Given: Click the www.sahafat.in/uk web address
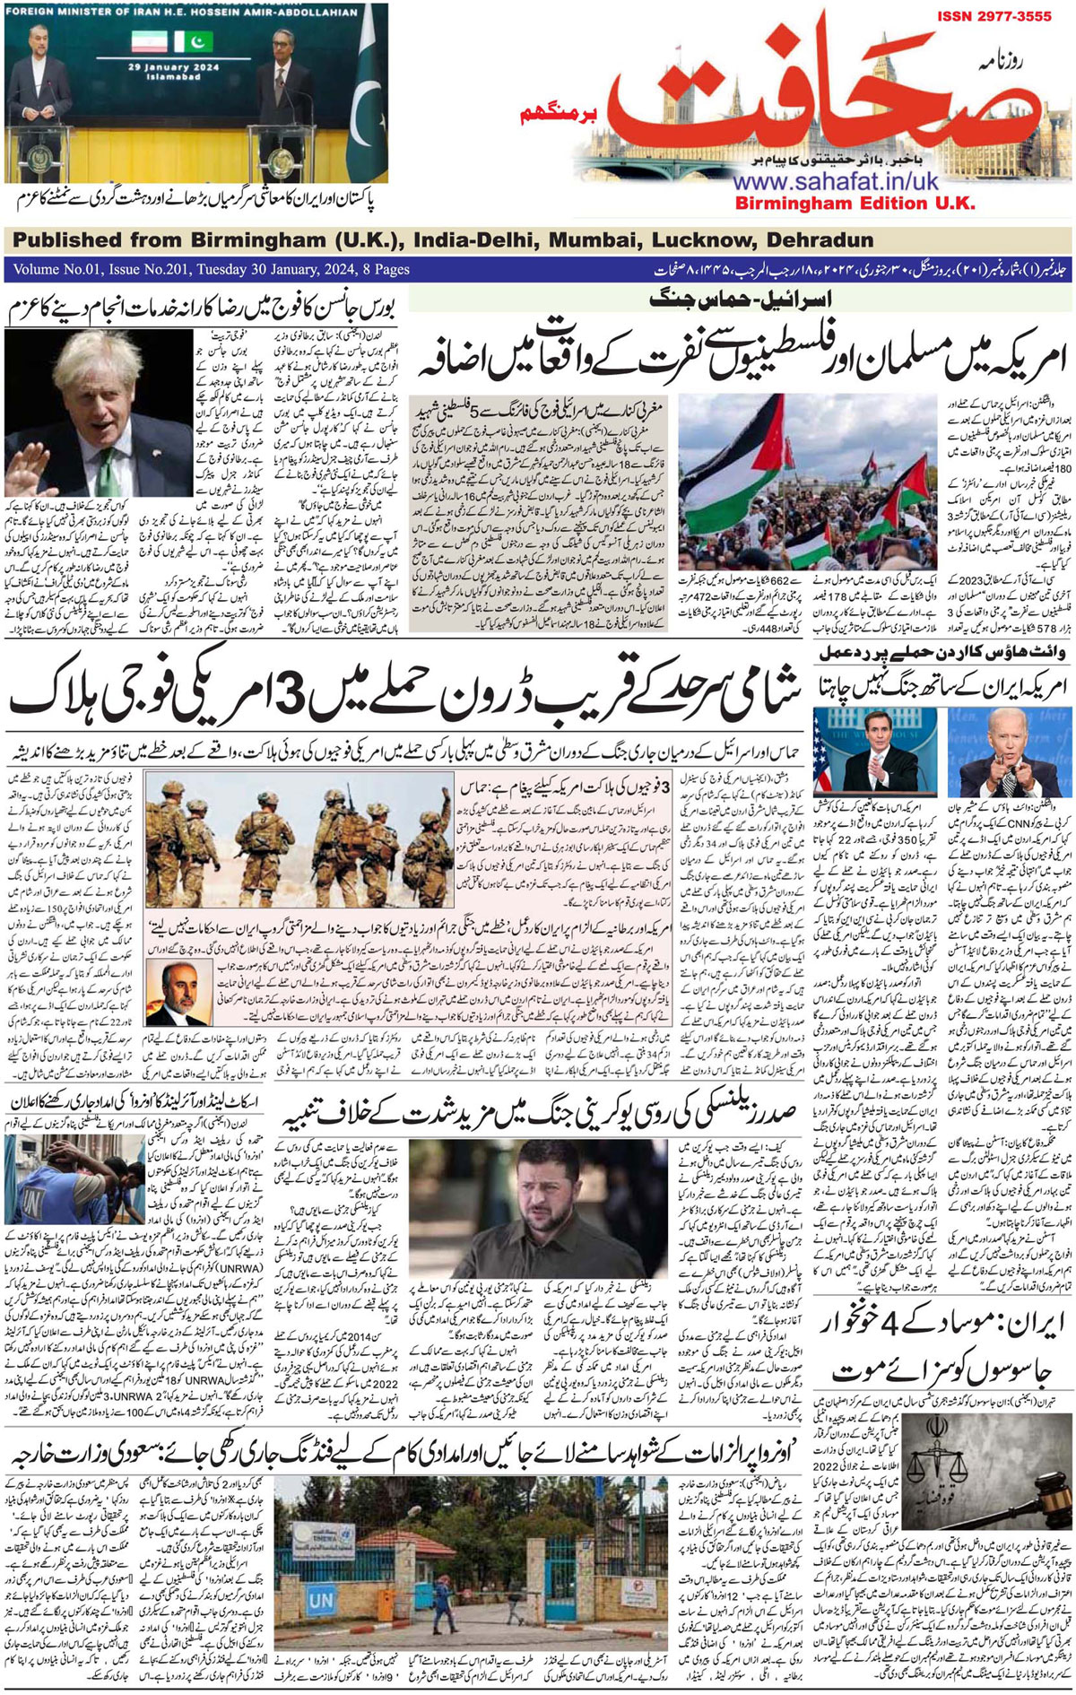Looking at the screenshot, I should click(x=835, y=182).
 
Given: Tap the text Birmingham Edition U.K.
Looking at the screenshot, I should click(x=855, y=204).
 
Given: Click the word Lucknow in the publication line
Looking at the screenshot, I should click(x=702, y=240).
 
